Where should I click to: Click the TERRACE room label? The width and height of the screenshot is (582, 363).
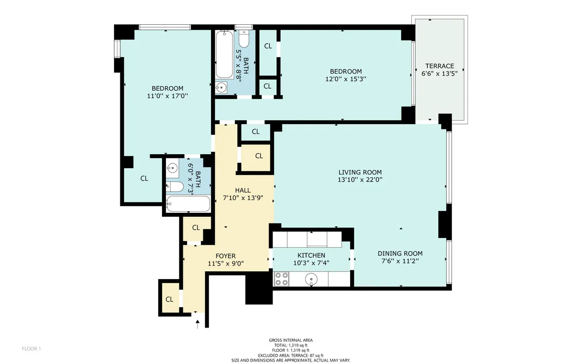(439, 66)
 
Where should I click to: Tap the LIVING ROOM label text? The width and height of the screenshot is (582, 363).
(360, 172)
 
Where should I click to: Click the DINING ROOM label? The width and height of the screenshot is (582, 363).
(400, 253)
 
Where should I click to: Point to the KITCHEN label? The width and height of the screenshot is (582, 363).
(311, 255)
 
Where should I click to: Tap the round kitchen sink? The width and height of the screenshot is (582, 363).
(311, 279)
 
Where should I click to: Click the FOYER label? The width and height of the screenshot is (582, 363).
(226, 256)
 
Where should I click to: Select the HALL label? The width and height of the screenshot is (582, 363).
(242, 190)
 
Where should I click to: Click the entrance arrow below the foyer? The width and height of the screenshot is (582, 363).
(197, 324)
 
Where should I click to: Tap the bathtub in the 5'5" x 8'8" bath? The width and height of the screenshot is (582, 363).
(224, 54)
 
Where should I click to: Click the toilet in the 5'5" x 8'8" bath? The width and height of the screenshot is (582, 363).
(244, 38)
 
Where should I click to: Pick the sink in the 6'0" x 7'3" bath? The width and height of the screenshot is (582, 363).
(172, 169)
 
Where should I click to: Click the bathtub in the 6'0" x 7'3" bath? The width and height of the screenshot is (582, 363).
(188, 204)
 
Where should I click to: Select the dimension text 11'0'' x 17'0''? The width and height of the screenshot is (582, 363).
(167, 96)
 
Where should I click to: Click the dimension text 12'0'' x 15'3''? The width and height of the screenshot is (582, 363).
(346, 79)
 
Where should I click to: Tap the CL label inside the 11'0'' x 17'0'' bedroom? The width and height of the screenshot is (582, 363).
(144, 178)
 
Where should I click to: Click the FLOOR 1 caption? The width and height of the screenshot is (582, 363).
(32, 348)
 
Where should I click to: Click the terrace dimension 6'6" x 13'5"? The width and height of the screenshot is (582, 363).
(439, 74)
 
